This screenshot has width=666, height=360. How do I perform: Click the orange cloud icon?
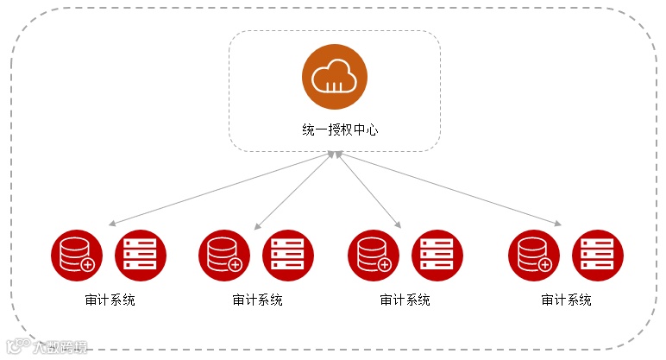[x=334, y=77]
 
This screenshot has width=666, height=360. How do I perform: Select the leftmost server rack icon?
[x=141, y=254]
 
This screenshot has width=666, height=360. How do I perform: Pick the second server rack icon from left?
[x=288, y=254]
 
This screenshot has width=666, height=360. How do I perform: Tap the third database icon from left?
[x=374, y=254]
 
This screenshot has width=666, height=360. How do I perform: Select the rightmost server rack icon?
[x=598, y=254]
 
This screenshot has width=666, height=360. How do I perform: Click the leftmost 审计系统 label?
[x=110, y=300]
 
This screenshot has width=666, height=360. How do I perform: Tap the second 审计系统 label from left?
[x=257, y=300]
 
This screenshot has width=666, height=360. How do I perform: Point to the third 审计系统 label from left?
[x=405, y=300]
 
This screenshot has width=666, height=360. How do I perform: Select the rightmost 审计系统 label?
[x=566, y=300]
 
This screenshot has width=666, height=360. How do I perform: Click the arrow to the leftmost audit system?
[x=221, y=189]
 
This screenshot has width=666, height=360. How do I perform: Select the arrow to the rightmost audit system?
[x=449, y=189]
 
